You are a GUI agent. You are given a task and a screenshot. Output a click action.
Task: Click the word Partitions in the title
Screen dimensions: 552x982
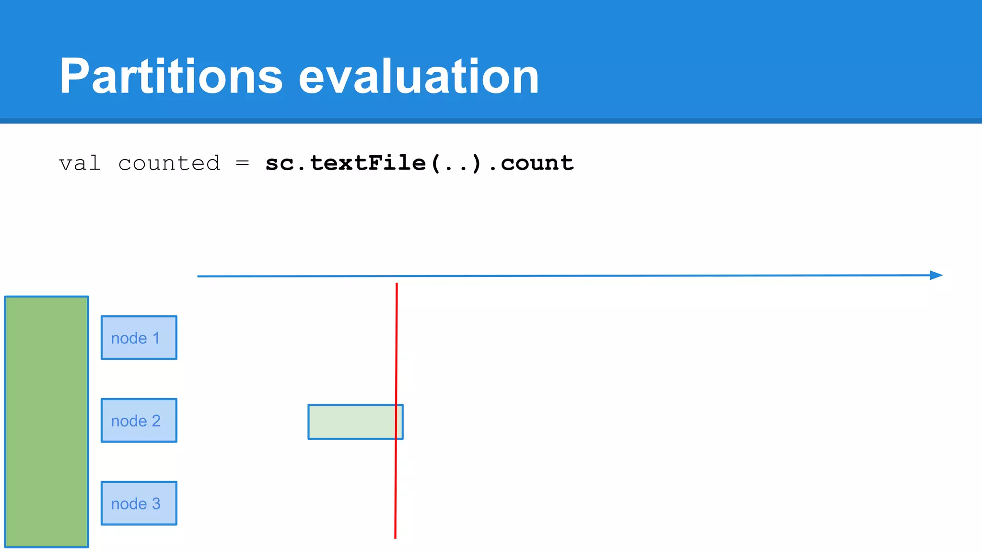pyautogui.click(x=171, y=77)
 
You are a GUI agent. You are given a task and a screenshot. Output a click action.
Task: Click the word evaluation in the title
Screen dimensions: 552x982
pyautogui.click(x=419, y=77)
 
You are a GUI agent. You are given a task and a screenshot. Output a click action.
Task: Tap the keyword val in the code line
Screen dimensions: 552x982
pyautogui.click(x=80, y=163)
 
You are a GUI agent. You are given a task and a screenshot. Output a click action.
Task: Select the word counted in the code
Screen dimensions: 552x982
pyautogui.click(x=169, y=163)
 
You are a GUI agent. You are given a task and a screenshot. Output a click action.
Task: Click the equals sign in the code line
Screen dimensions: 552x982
pyautogui.click(x=243, y=163)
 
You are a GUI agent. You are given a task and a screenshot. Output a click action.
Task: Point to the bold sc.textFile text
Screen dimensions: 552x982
pyautogui.click(x=345, y=163)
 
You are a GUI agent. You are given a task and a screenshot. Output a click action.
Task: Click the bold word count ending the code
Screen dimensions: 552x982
pyautogui.click(x=537, y=163)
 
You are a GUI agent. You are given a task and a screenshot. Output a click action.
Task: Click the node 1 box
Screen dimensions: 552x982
pyautogui.click(x=139, y=337)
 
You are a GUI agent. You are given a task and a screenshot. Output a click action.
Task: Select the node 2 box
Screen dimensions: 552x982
pyautogui.click(x=139, y=420)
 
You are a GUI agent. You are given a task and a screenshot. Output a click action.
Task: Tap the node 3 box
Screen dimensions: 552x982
pyautogui.click(x=139, y=503)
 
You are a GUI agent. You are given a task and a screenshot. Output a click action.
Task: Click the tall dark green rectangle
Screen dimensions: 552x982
pyautogui.click(x=47, y=422)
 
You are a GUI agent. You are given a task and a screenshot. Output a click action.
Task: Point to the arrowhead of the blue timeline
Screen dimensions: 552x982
pyautogui.click(x=936, y=275)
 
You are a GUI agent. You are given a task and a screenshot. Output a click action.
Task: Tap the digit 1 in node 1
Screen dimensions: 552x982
pyautogui.click(x=156, y=338)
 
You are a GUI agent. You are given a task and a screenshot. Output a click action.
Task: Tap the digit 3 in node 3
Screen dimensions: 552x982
pyautogui.click(x=156, y=504)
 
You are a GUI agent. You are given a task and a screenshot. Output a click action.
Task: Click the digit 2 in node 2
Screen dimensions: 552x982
pyautogui.click(x=156, y=421)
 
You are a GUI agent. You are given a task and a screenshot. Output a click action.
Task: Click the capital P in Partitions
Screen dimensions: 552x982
pyautogui.click(x=75, y=77)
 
